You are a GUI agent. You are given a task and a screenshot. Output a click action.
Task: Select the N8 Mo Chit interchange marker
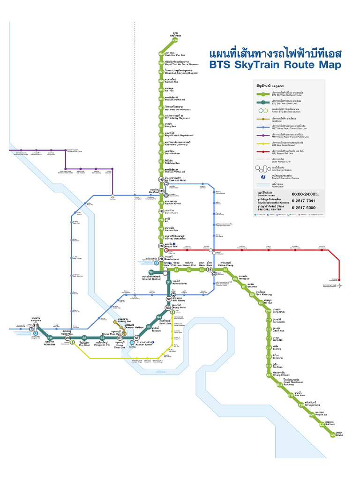coord(161,191)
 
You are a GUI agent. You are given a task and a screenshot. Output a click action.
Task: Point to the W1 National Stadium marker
coord(151,272)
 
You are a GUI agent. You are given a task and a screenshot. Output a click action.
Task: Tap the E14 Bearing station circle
coord(269,348)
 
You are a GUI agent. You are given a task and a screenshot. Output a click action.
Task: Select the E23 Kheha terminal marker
coord(332,435)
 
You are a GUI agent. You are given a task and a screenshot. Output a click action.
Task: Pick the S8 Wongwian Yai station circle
coord(102,337)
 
